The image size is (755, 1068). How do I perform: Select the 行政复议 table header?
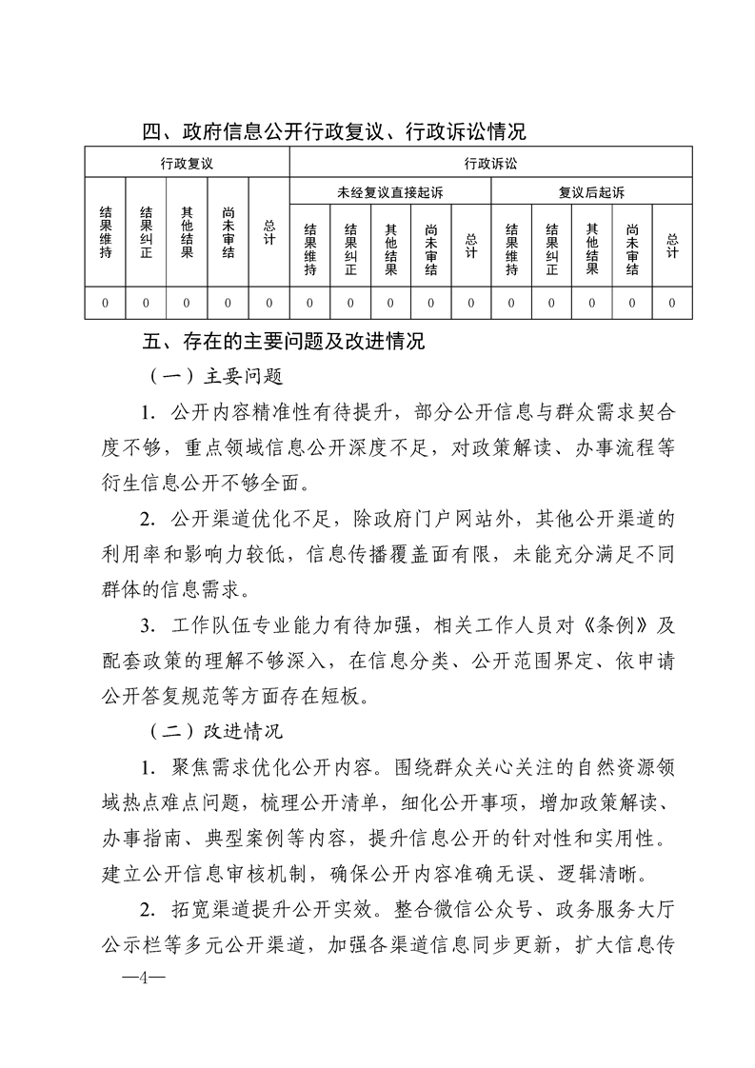click(x=186, y=164)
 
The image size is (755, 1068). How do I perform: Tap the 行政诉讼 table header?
click(x=490, y=164)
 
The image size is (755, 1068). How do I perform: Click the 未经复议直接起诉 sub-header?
click(x=389, y=192)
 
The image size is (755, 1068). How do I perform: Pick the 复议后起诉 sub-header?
click(x=591, y=192)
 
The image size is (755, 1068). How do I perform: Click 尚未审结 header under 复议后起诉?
click(x=632, y=248)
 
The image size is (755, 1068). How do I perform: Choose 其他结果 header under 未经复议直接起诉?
click(x=390, y=248)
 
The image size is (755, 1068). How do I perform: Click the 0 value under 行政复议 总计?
click(x=269, y=303)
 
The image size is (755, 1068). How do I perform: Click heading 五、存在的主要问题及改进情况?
click(x=283, y=341)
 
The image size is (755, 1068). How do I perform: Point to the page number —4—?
click(x=139, y=979)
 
